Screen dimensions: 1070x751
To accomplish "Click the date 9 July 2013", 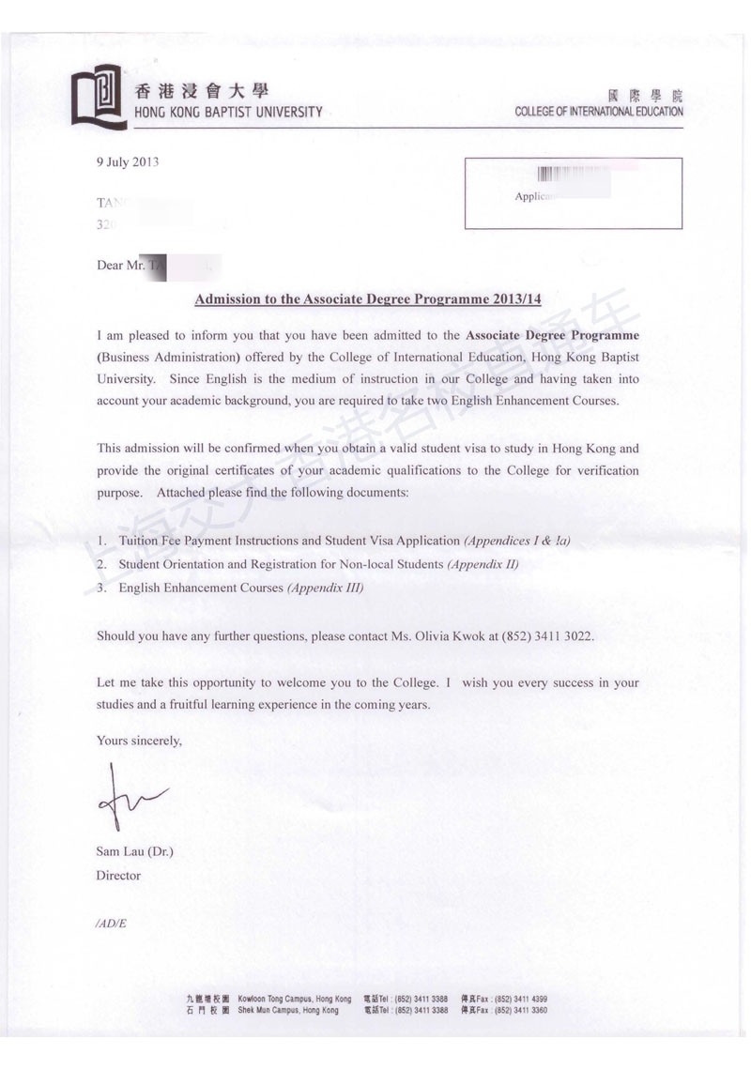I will pos(128,161).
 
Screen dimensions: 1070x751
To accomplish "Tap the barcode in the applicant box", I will pos(560,175).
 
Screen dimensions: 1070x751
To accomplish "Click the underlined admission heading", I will pos(367,299).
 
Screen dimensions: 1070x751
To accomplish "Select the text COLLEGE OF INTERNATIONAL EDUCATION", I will pos(599,112).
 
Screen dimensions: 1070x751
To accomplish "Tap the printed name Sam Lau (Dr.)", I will pos(134,852).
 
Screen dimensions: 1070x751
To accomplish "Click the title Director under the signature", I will pos(118,876).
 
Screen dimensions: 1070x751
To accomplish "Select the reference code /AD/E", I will pos(111,924).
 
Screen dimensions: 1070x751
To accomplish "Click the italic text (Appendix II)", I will pos(483,564).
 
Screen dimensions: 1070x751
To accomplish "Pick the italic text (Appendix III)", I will pos(325,588).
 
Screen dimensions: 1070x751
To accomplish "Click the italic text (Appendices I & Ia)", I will pos(517,542).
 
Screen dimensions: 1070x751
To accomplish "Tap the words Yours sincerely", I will pos(139,741).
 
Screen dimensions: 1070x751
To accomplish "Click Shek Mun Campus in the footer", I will pos(288,1011).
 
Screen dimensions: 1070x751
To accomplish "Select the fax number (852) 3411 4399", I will pos(521,999).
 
